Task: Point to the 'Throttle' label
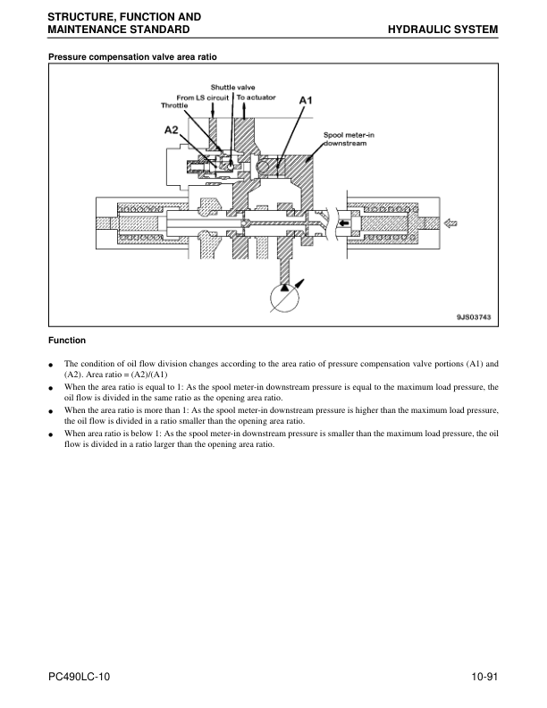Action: (x=174, y=105)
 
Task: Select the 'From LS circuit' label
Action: (x=203, y=97)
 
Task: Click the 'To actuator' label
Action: (x=256, y=97)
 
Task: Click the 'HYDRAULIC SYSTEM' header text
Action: (x=442, y=29)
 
